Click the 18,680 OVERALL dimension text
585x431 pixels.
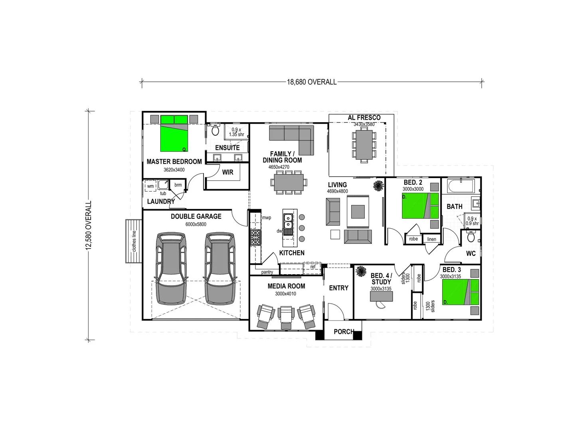(312, 82)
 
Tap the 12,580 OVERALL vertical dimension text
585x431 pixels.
(88, 225)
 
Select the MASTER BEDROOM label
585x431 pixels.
(174, 162)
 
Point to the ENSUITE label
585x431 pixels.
(227, 148)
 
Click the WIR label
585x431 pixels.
(228, 172)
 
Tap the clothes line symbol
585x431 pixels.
(134, 241)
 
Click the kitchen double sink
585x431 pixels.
(288, 222)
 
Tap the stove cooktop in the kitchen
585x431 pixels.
(255, 237)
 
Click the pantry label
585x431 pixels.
(267, 272)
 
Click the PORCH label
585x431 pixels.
(344, 332)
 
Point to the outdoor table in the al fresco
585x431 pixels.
(364, 144)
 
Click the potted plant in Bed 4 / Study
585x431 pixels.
(361, 272)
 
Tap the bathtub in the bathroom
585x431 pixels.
(460, 186)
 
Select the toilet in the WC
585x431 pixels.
(471, 238)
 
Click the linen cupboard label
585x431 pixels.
(432, 239)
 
